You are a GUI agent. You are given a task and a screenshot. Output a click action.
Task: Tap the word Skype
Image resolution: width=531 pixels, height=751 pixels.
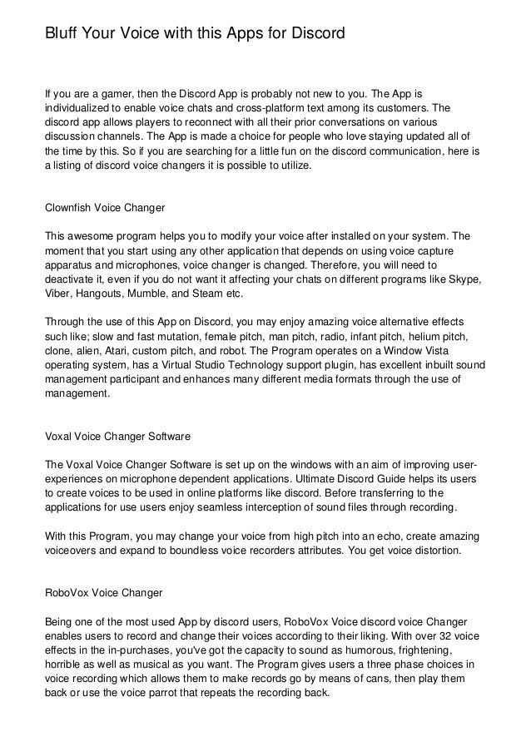pyautogui.click(x=463, y=280)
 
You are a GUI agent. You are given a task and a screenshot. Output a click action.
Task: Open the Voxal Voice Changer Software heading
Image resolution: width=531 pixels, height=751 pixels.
pyautogui.click(x=118, y=435)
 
